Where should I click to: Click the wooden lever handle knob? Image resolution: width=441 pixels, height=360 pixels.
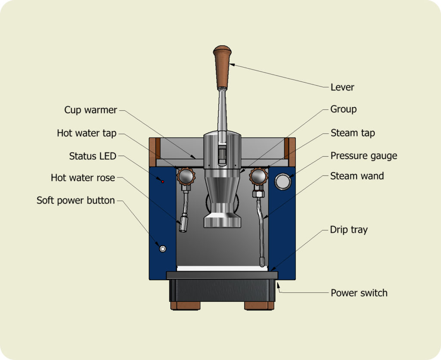pos(222,67)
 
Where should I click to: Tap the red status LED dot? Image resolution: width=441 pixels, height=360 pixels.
pos(162,182)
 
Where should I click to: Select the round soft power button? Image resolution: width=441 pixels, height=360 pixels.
pos(162,248)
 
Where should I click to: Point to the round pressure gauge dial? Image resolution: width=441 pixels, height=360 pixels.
pos(283,181)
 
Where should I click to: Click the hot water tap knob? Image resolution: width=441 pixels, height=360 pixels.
pos(186,177)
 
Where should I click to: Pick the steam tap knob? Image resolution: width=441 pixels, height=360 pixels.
pos(258,177)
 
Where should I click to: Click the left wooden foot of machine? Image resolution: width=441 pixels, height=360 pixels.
pos(185,306)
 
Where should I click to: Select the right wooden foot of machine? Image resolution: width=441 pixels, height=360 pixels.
pos(259,306)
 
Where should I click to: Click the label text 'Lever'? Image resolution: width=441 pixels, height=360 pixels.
pos(342,87)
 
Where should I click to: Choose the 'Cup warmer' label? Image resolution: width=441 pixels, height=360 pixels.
pos(90,110)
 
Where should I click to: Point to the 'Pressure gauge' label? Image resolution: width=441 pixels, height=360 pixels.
pos(363,156)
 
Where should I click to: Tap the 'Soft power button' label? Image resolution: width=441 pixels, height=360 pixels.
pos(76,200)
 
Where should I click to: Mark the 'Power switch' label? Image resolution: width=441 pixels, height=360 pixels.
pos(359,293)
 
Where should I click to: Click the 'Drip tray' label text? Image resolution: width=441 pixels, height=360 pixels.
pos(349,230)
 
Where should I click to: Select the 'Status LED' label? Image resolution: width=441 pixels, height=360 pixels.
pos(93,156)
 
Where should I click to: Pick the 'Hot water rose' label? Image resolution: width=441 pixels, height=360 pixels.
pos(83,178)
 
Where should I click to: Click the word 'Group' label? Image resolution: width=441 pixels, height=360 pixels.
pos(343,109)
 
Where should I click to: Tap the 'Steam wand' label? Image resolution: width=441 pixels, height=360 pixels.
pos(357,176)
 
